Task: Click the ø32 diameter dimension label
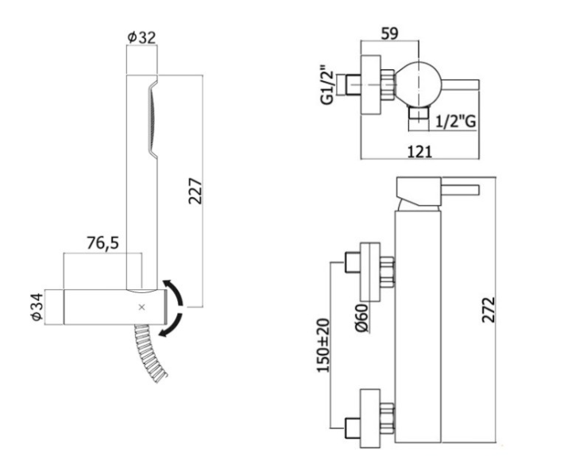pos(142,37)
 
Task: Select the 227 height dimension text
pos(195,191)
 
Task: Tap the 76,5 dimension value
pos(103,242)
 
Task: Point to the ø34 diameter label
pos(37,307)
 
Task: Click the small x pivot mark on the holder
pos(141,307)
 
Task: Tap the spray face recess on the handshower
pos(153,118)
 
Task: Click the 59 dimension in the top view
pos(390,33)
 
